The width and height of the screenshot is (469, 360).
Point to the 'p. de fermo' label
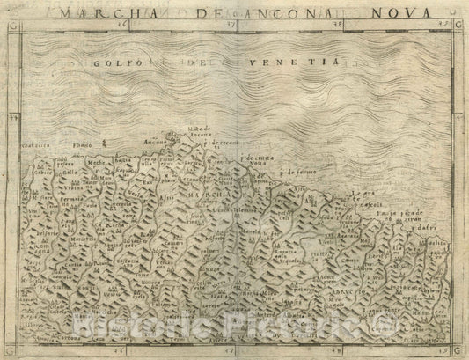click(295, 173)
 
